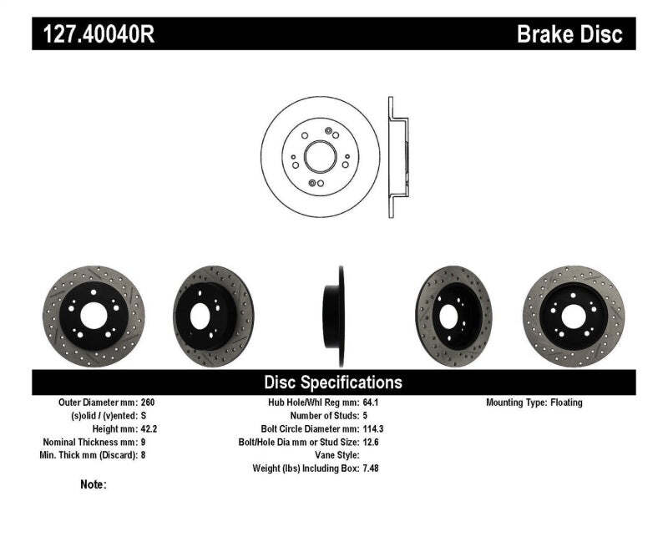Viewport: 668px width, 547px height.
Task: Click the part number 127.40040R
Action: click(93, 34)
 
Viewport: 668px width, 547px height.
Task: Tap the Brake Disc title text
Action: click(569, 34)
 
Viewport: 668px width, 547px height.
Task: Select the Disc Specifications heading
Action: click(333, 382)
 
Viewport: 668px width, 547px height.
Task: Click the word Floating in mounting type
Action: click(566, 403)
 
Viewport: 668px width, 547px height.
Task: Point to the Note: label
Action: click(93, 484)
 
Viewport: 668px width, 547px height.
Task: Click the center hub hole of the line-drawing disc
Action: click(319, 156)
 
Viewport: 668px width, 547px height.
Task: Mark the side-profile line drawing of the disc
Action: click(397, 156)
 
